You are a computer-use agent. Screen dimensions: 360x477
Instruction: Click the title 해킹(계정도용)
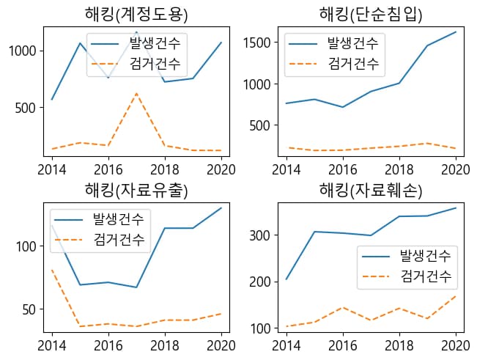coord(136,14)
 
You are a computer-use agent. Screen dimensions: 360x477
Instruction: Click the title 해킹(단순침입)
coord(371,14)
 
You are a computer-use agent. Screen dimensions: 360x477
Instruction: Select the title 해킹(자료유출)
coord(136,191)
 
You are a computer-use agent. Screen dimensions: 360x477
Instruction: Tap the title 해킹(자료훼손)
coord(371,191)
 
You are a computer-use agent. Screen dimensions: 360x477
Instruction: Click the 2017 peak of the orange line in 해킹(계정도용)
coord(136,93)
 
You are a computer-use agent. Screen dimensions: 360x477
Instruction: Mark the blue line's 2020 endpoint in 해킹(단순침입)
coord(455,32)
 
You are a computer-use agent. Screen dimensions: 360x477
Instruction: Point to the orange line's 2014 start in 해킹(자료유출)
coord(52,270)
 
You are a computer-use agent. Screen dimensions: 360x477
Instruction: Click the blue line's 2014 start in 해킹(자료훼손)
coord(286,279)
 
